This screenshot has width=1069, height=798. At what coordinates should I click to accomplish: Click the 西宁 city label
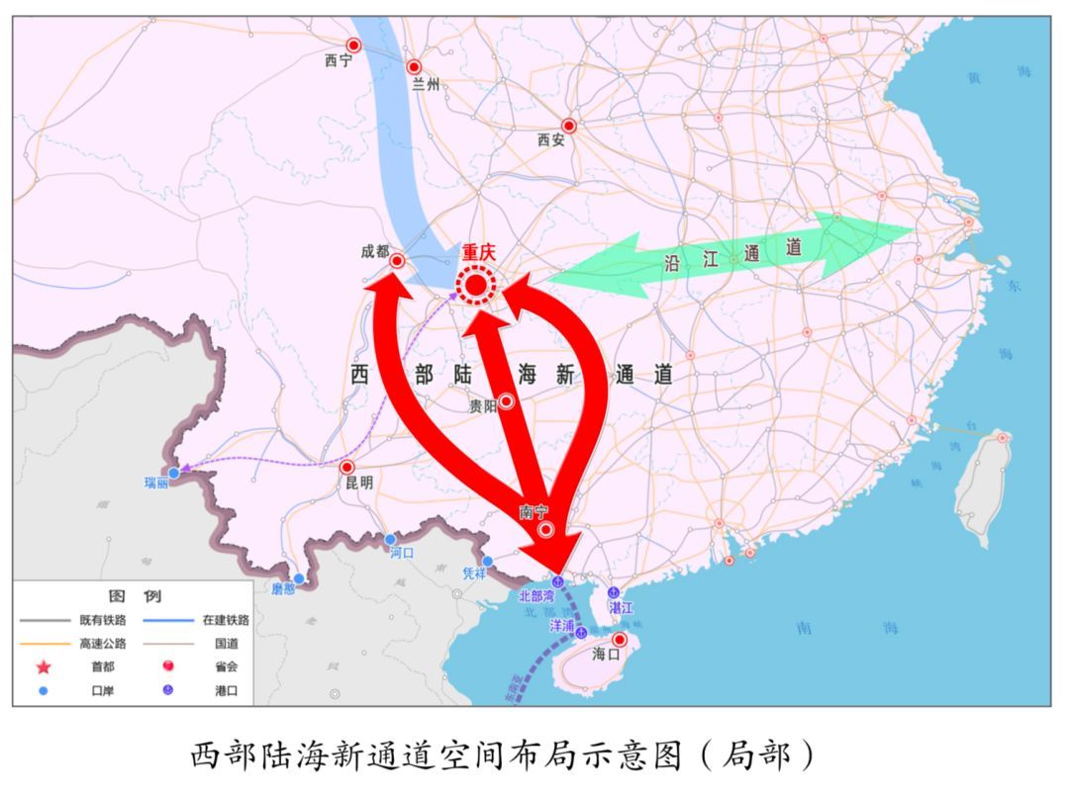tap(339, 61)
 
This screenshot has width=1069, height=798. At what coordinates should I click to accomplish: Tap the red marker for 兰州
tap(415, 67)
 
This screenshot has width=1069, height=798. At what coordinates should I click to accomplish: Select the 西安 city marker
tap(569, 126)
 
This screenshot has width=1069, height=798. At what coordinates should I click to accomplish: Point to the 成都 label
tap(375, 252)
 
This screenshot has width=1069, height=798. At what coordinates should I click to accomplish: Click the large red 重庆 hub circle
tap(476, 286)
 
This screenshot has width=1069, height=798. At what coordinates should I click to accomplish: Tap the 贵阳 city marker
tap(506, 400)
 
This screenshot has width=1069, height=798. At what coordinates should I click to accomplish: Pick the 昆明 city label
tap(359, 483)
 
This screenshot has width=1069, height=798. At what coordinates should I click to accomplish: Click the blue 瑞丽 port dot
tap(174, 474)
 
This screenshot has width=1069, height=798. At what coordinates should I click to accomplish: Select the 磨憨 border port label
tap(283, 588)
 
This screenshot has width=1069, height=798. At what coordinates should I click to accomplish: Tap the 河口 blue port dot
tap(391, 539)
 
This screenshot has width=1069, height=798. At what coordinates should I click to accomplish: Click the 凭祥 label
tap(476, 574)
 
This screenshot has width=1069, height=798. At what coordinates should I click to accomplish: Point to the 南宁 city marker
tap(545, 530)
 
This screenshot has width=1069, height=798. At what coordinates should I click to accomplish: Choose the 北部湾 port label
tap(538, 597)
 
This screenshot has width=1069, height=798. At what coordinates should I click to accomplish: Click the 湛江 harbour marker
tap(614, 591)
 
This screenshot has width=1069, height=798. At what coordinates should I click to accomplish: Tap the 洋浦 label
tap(562, 625)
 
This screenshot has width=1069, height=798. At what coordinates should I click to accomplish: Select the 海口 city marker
tap(621, 640)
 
